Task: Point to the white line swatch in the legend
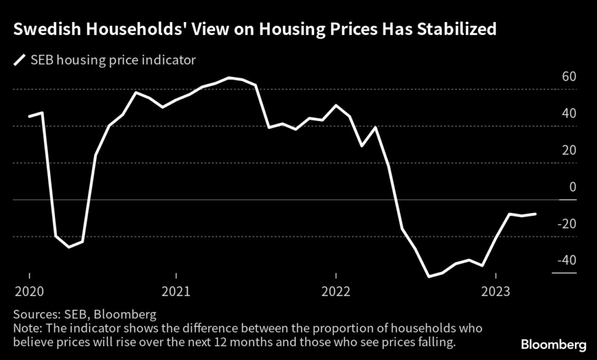click(21, 59)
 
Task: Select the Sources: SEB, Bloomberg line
click(84, 315)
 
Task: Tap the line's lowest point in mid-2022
click(429, 277)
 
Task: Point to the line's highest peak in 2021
click(229, 77)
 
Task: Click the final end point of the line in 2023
click(536, 214)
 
